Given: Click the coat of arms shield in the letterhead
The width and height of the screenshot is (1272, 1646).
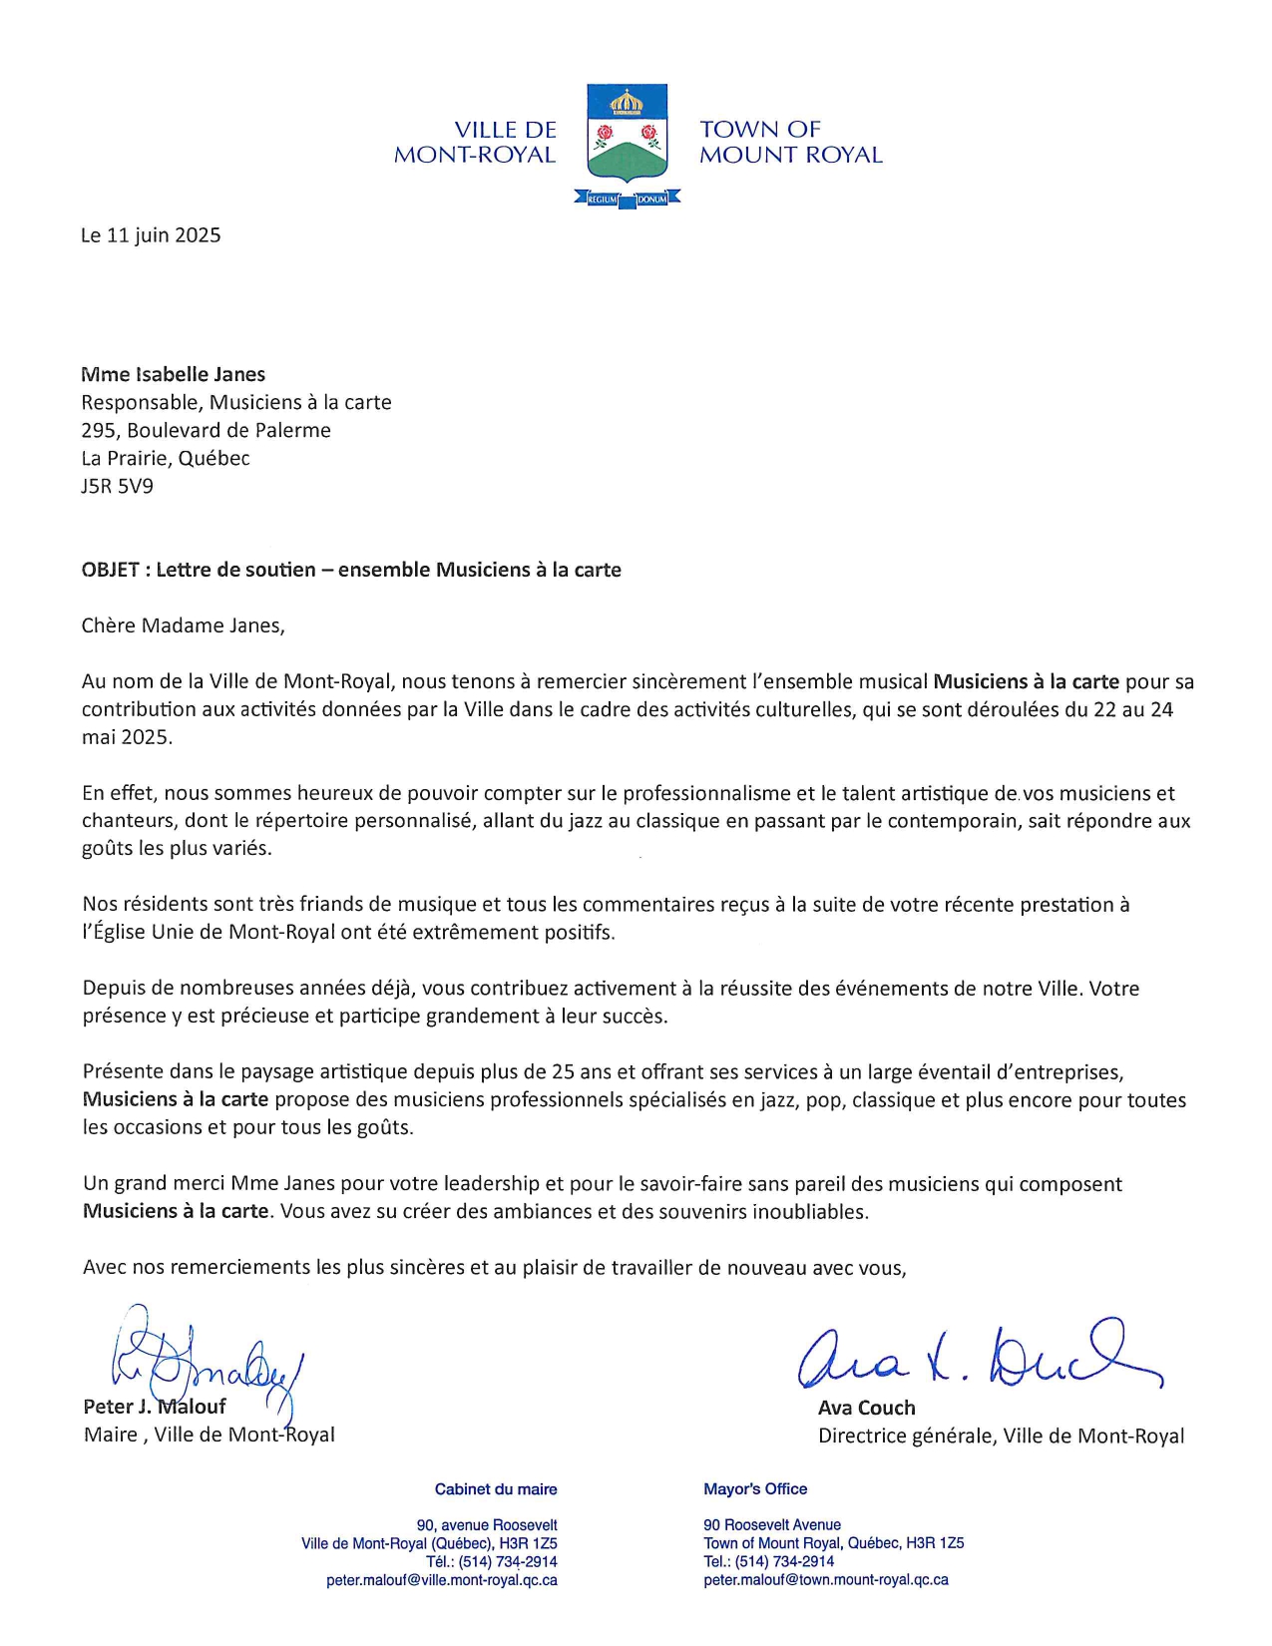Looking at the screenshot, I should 627,135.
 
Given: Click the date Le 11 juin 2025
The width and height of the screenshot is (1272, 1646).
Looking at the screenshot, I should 151,235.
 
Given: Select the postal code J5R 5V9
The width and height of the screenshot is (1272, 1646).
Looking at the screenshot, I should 117,487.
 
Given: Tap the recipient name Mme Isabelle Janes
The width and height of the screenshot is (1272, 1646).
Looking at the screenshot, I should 173,375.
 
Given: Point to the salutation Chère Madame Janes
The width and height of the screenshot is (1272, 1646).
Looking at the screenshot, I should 183,626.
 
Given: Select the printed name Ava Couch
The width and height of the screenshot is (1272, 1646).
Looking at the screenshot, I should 866,1408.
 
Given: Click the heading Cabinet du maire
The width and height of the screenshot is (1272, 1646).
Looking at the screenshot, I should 496,1489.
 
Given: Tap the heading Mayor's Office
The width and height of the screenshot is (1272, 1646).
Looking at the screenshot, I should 755,1489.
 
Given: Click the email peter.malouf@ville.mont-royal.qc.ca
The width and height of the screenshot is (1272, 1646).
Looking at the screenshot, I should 442,1580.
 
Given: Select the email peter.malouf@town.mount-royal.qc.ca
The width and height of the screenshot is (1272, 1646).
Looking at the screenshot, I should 826,1580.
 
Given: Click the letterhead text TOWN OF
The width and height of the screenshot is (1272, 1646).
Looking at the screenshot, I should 759,130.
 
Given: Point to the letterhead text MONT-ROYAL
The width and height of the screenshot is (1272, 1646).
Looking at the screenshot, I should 475,155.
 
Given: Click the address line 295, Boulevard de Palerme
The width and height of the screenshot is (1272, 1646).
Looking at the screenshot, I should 206,431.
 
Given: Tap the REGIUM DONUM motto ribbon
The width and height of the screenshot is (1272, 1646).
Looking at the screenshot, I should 627,199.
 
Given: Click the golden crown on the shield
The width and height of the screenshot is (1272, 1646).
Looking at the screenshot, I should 627,102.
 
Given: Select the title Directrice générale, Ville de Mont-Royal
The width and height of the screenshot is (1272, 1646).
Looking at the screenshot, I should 1001,1436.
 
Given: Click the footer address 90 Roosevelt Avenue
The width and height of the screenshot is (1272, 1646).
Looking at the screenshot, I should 772,1525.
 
